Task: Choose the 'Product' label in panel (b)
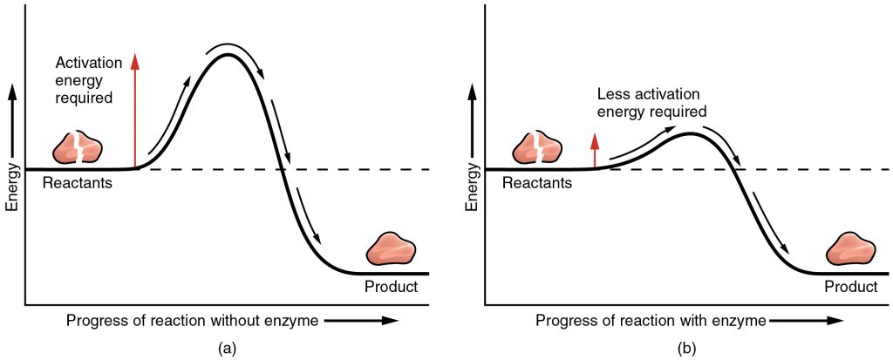[850, 287]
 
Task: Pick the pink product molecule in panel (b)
[851, 251]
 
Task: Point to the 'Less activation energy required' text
[651, 103]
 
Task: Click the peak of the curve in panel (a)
[228, 56]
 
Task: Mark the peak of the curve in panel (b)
[689, 134]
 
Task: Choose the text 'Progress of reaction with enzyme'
[651, 320]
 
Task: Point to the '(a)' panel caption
[225, 348]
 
